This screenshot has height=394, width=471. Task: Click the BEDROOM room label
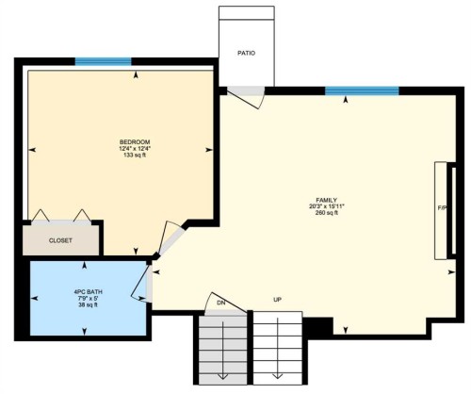[135, 141]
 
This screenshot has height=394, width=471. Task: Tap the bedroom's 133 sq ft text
[135, 156]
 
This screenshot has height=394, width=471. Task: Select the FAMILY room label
[327, 200]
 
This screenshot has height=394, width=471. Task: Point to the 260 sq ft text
[327, 213]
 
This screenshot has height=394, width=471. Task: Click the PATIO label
[246, 53]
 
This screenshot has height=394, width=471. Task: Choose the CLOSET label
[60, 240]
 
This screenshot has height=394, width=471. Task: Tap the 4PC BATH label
[88, 292]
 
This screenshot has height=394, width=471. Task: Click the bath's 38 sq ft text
[88, 305]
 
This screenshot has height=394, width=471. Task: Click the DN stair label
[221, 302]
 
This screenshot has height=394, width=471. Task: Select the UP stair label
[278, 300]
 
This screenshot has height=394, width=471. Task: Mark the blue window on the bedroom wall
[103, 62]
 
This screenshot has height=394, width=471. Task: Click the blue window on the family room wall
[362, 90]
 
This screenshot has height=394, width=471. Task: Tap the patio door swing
[248, 95]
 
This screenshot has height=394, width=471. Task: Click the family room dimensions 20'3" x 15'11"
[327, 206]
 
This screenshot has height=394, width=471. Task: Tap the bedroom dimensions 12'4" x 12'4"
[135, 149]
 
